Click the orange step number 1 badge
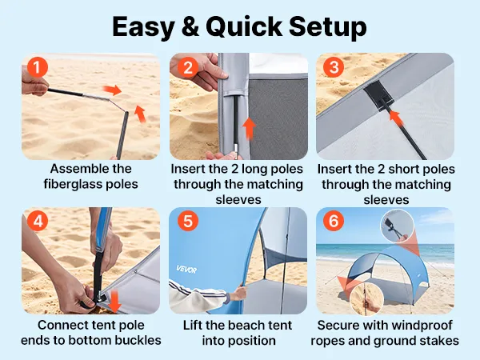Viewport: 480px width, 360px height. [38, 67]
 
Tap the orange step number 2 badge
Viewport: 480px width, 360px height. [187, 67]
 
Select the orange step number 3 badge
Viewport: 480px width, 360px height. [334, 67]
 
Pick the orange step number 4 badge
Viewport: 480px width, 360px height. [38, 221]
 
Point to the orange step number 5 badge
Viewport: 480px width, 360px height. [188, 221]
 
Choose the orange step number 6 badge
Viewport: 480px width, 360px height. [334, 221]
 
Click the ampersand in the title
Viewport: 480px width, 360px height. [190, 27]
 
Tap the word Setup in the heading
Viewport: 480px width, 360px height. [328, 27]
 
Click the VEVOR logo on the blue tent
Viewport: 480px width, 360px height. [186, 270]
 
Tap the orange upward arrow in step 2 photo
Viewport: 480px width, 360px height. [250, 129]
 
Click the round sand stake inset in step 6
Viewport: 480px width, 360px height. [366, 298]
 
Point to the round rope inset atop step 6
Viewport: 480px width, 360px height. [397, 226]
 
